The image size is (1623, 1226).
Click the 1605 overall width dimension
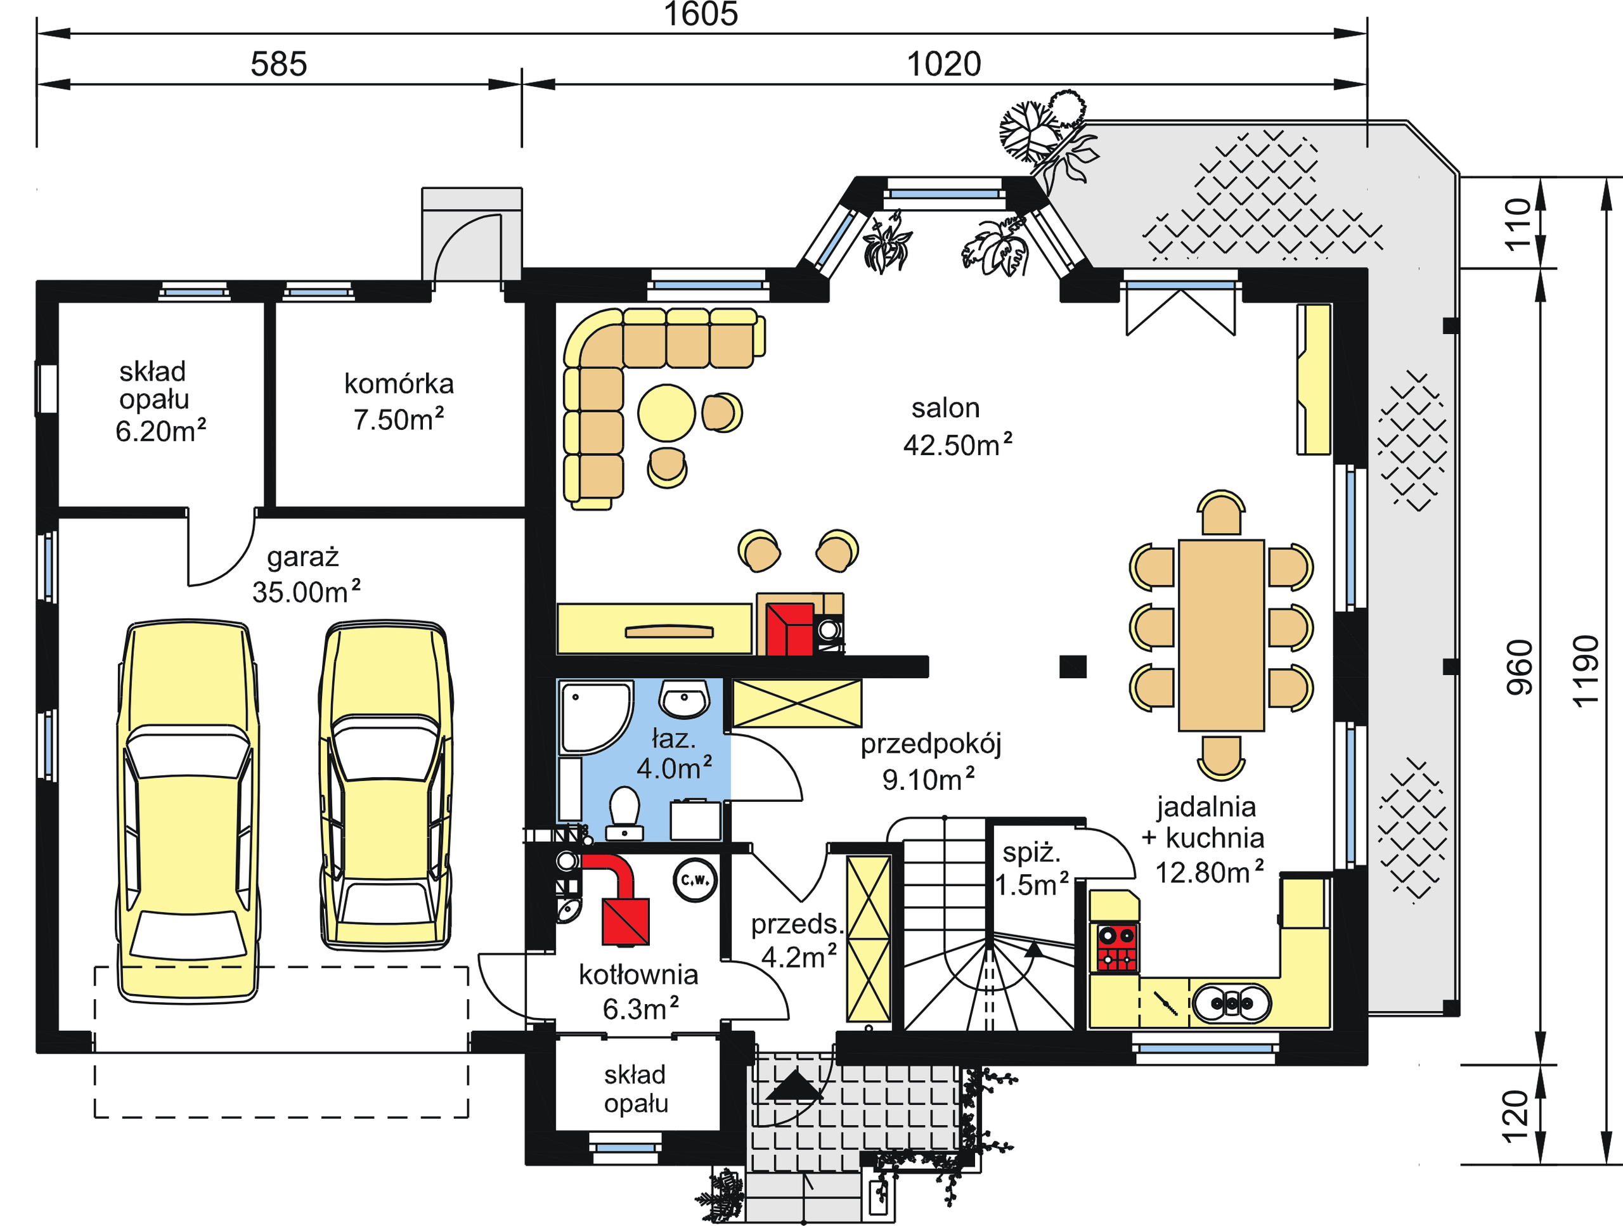click(x=701, y=14)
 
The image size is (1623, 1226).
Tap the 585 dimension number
click(x=279, y=65)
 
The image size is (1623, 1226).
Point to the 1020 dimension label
click(x=943, y=65)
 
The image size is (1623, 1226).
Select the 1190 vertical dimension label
click(x=1585, y=671)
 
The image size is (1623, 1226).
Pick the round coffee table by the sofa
click(x=666, y=413)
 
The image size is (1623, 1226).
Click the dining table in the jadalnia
click(x=1221, y=635)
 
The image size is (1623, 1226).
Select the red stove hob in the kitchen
click(x=1116, y=947)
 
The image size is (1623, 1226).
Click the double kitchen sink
click(x=1231, y=1003)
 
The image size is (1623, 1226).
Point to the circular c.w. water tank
click(x=694, y=880)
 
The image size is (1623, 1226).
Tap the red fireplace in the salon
click(x=789, y=629)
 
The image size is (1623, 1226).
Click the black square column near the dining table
click(x=1073, y=666)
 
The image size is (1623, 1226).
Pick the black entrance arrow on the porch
click(x=793, y=1085)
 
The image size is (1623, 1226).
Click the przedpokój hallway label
click(x=930, y=761)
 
